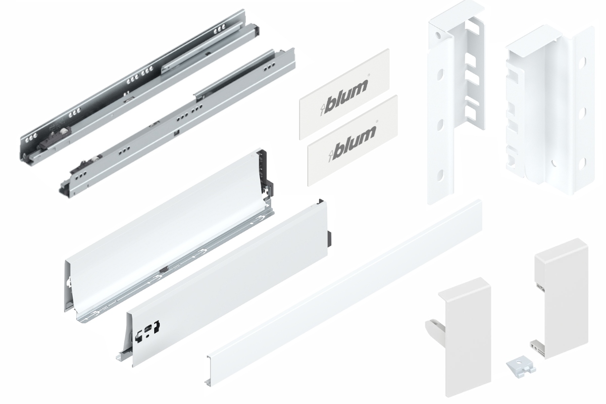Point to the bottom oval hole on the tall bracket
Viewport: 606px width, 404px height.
(439, 177)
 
